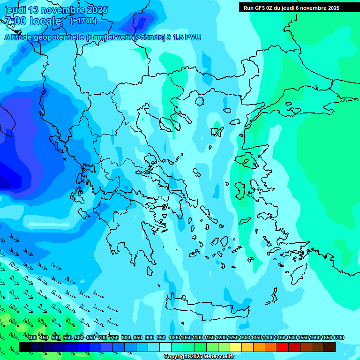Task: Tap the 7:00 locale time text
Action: tap(33, 21)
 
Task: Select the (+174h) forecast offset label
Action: tap(83, 21)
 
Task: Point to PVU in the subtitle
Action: tap(193, 37)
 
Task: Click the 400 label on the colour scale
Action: tap(32, 338)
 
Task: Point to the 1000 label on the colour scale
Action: tap(174, 338)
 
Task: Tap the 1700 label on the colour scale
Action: tap(338, 338)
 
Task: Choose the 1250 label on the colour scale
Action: tap(233, 338)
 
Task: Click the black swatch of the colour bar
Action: tap(25, 347)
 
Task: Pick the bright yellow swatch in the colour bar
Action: tap(236, 347)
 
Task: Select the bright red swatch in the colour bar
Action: tap(283, 347)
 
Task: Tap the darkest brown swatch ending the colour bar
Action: tap(330, 347)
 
